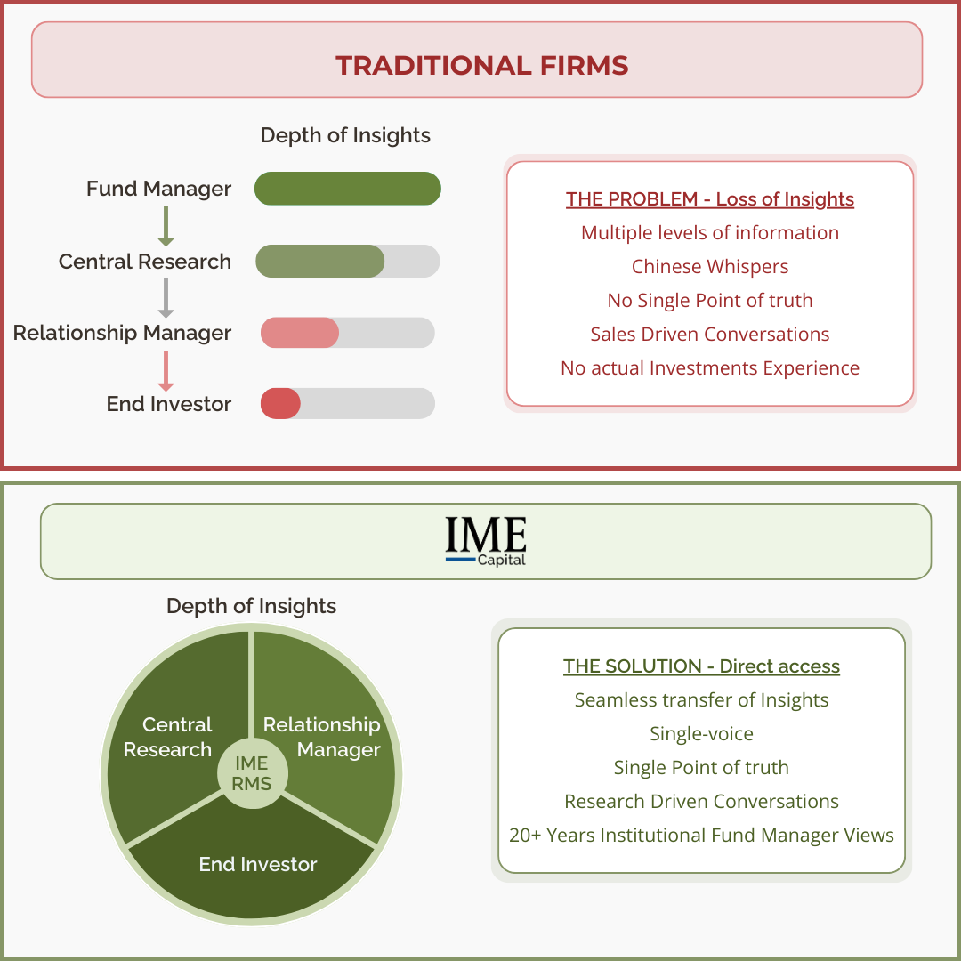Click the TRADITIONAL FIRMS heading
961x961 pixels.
[x=481, y=65]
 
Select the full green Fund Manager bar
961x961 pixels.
[x=347, y=189]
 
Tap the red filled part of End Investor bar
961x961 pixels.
[x=280, y=403]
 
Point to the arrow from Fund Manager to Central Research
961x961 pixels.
[x=165, y=226]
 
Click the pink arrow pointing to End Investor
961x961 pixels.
[x=165, y=369]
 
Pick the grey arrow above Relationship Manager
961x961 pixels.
[x=165, y=298]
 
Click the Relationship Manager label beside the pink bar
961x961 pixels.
[x=122, y=333]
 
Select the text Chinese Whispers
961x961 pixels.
[x=709, y=267]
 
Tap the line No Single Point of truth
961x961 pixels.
[x=709, y=301]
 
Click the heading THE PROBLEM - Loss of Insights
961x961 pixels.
[x=709, y=199]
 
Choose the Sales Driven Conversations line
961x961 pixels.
[x=709, y=335]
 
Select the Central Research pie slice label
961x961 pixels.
[x=168, y=737]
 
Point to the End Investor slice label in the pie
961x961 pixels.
[x=257, y=863]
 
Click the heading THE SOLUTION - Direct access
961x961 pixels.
[x=701, y=666]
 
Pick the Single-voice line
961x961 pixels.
[x=701, y=734]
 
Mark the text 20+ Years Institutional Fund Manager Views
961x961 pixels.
[x=701, y=836]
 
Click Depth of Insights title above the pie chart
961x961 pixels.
[x=251, y=606]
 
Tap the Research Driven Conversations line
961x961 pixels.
[x=701, y=802]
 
